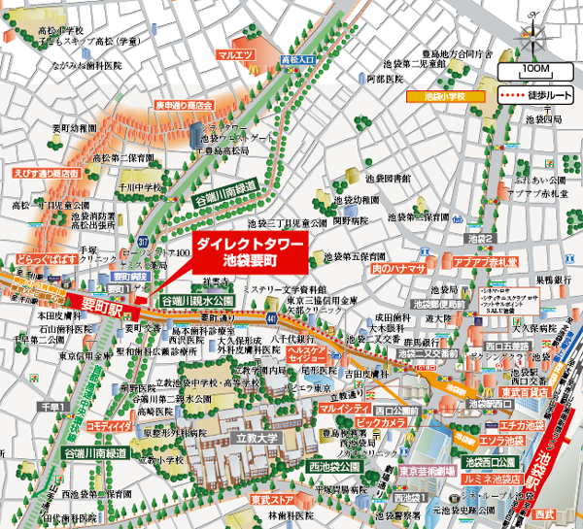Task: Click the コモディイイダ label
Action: tap(108, 424)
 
